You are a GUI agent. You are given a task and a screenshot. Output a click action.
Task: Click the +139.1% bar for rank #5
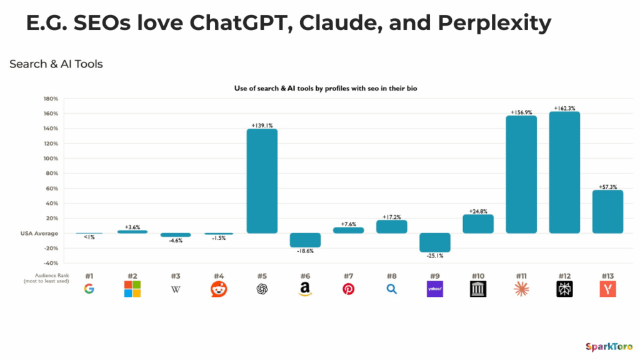[262, 181]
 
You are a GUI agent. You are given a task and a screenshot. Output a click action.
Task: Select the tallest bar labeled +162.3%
[564, 172]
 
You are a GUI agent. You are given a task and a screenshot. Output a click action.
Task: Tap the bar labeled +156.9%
[521, 174]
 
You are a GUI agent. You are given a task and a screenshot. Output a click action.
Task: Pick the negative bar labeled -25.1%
[435, 242]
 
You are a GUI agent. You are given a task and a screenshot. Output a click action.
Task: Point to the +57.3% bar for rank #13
[607, 211]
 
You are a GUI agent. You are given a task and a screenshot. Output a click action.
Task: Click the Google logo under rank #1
[89, 289]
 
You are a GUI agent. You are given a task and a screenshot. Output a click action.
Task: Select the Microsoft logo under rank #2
[132, 289]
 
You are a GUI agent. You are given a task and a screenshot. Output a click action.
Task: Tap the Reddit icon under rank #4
[219, 289]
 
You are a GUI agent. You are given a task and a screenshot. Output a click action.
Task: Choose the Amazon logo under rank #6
[305, 289]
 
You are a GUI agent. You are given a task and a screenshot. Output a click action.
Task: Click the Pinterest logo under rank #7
[348, 289]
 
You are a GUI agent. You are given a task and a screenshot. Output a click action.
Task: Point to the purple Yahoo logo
[435, 289]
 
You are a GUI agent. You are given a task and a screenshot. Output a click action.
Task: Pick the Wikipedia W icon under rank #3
[176, 289]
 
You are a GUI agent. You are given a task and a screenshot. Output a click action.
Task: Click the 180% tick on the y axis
[50, 99]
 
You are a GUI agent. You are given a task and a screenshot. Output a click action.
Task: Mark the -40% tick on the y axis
[50, 263]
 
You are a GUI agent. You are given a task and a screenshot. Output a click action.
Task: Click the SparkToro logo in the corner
[608, 346]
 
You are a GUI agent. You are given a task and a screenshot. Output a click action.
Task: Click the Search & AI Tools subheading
[56, 64]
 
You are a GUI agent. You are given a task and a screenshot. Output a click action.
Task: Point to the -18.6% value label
[305, 252]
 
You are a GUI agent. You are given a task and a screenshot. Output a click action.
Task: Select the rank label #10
[478, 276]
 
